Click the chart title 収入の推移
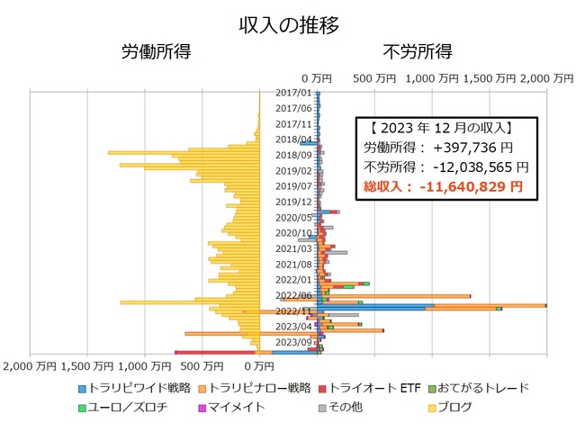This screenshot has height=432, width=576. [x=289, y=25]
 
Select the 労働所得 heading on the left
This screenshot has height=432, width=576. [x=156, y=51]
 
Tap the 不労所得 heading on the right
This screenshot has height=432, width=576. [x=417, y=51]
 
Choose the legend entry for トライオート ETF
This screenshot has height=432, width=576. [x=376, y=388]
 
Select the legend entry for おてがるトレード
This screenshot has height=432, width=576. [x=483, y=388]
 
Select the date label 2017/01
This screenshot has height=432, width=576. [x=293, y=93]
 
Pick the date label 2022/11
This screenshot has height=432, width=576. [x=293, y=310]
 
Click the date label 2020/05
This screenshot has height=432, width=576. [x=293, y=217]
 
